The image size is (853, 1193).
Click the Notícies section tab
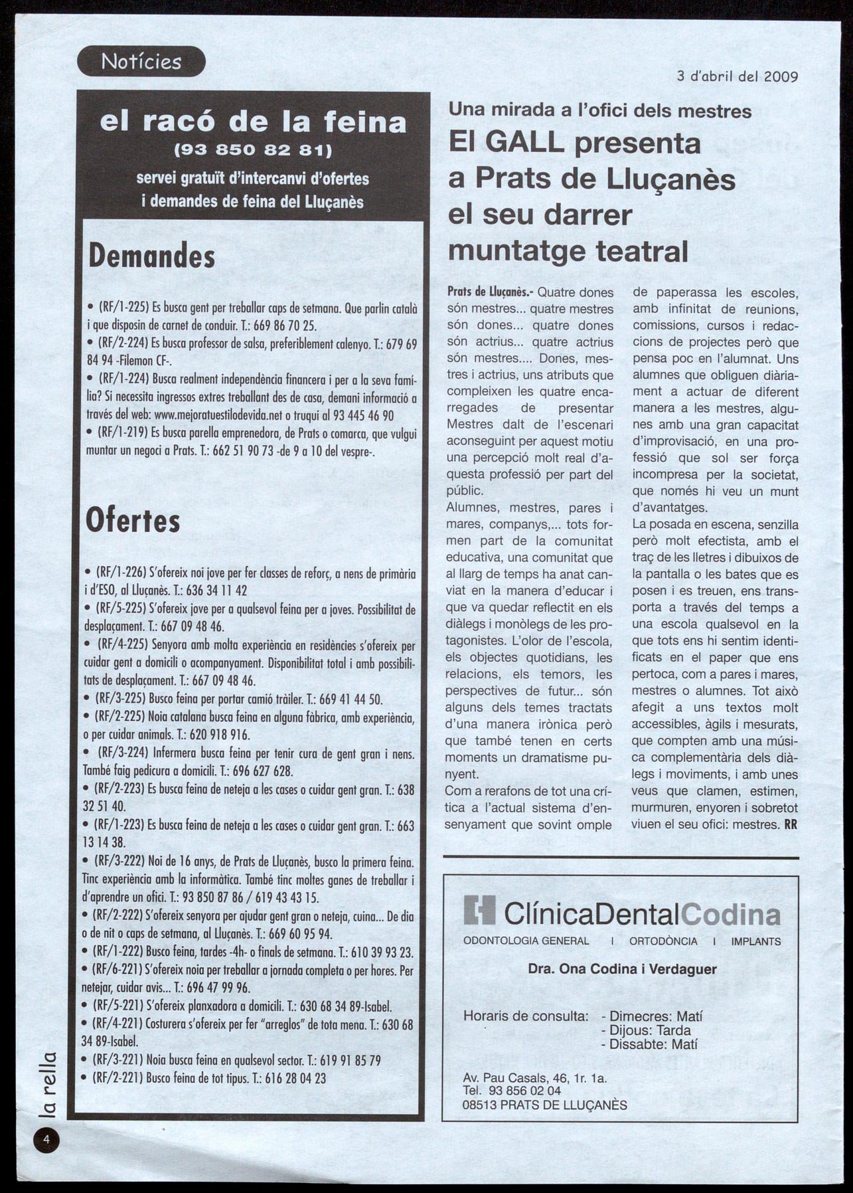(x=141, y=62)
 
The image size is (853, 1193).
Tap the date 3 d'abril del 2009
(x=737, y=76)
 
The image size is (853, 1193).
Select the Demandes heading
(x=152, y=256)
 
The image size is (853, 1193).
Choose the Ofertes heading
(x=133, y=521)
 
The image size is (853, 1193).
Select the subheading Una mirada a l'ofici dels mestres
(x=600, y=110)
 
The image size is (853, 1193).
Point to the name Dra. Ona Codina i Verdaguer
(x=622, y=969)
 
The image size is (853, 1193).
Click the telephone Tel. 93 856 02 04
(x=512, y=1091)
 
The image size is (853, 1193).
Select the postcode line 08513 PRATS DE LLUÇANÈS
(x=544, y=1105)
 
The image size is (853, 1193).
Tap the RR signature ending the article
(x=790, y=825)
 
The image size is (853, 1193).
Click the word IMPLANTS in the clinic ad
(x=755, y=941)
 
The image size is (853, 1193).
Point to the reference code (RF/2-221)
(x=117, y=1078)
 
